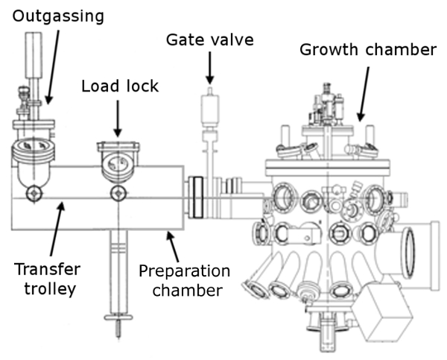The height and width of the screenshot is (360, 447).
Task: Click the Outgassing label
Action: tap(58, 16)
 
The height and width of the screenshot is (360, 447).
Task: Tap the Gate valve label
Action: tap(210, 40)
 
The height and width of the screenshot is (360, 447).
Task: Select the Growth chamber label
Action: tap(368, 49)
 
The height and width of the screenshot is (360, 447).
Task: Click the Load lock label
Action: tap(120, 86)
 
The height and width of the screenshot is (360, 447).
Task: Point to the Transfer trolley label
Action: tap(48, 279)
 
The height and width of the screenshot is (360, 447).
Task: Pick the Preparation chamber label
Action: tap(185, 281)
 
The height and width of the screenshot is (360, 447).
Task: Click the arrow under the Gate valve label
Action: tap(210, 68)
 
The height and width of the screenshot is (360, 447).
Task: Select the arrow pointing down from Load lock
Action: tap(118, 119)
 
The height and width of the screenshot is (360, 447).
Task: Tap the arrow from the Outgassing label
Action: tap(53, 67)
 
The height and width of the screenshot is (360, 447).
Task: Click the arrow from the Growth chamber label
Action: tap(364, 94)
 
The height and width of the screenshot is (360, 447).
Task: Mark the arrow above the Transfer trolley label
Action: tap(57, 229)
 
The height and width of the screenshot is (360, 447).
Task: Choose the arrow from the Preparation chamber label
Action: tap(173, 247)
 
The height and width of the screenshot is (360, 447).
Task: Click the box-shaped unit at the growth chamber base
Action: tap(383, 312)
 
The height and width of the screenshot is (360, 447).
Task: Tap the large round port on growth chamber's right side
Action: tap(409, 253)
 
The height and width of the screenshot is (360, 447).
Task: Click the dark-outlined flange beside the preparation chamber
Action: tap(196, 198)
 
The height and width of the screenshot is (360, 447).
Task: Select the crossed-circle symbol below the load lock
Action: tap(118, 194)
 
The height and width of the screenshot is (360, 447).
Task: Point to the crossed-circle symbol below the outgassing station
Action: tap(34, 194)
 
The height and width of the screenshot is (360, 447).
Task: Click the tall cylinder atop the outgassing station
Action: tap(34, 55)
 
